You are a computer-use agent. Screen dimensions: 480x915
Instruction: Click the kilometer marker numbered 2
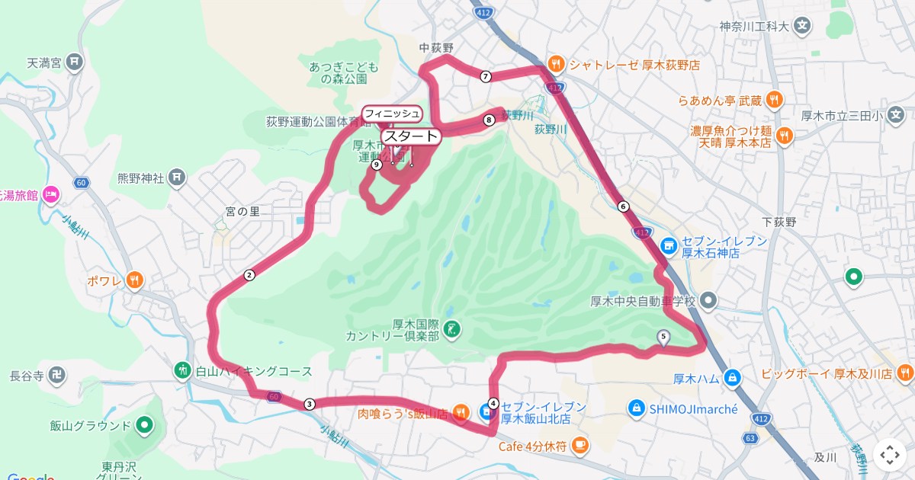coord(249,275)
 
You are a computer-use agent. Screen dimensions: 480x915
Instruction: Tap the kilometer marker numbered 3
coord(309,404)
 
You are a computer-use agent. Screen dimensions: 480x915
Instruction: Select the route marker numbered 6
coord(624,206)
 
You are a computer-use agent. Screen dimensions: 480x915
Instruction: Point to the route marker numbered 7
coord(486,76)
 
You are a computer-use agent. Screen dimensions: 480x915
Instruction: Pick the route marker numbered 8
coord(489,119)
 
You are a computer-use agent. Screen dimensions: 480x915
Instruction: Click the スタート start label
coord(411,136)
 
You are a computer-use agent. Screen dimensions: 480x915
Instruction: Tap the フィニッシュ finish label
coord(392,114)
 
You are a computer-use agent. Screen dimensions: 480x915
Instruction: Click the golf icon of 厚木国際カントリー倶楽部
coord(452,329)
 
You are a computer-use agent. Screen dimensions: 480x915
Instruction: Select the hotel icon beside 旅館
coord(51,195)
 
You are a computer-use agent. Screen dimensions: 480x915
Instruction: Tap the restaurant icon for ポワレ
coord(135,280)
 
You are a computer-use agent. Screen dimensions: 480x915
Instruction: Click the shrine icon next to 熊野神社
coord(177,178)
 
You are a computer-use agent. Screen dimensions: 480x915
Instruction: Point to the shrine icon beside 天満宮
coord(74,62)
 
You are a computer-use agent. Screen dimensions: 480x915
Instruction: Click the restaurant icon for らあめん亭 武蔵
coord(775,100)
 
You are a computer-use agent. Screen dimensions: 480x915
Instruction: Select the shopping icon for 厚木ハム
coord(732,377)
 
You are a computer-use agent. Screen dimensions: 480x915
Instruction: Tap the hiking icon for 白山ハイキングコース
coord(182,371)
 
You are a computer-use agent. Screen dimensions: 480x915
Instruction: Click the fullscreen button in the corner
coord(890,455)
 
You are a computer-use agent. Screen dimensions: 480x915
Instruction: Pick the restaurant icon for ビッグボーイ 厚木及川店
coord(905,373)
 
